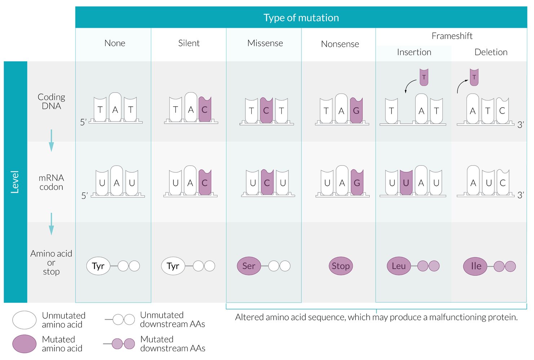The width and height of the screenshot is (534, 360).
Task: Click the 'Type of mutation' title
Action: (301, 18)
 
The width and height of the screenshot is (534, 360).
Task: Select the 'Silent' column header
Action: (189, 43)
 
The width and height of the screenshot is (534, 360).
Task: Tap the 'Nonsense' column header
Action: (340, 44)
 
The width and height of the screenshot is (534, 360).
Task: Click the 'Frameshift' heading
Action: (452, 36)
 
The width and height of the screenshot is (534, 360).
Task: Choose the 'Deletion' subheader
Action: (491, 52)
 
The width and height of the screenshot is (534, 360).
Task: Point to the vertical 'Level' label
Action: (15, 182)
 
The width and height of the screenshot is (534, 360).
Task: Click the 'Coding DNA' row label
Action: (52, 102)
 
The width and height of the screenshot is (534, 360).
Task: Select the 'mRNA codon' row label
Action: (52, 182)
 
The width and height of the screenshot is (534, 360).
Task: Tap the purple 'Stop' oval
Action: (341, 266)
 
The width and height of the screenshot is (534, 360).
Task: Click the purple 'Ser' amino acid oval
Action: (249, 266)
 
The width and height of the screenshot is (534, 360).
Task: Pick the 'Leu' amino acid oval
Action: (399, 266)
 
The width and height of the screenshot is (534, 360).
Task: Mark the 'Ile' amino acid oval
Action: (475, 266)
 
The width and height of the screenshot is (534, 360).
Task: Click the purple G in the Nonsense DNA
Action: (356, 111)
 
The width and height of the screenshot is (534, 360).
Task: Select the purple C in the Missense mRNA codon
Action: (267, 183)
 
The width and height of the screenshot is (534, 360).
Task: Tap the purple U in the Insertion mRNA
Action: (406, 183)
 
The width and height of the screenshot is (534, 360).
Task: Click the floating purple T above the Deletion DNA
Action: (474, 77)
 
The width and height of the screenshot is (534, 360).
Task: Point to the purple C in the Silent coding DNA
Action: (205, 110)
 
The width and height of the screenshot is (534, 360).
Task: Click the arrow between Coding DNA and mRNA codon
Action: (51, 141)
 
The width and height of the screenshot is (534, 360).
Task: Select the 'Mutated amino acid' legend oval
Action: (25, 344)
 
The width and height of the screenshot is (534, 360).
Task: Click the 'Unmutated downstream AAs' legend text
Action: (172, 320)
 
